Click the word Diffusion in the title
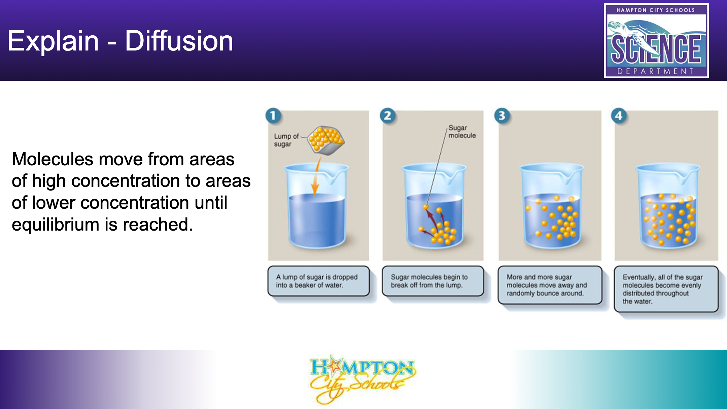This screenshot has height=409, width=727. click(x=179, y=41)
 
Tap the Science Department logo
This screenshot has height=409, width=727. click(x=656, y=40)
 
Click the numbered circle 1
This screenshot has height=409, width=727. click(x=273, y=116)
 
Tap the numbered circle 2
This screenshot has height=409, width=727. click(x=387, y=116)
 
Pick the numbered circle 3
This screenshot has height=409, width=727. click(x=502, y=116)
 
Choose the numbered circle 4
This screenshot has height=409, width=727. click(x=619, y=116)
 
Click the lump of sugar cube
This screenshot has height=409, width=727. click(x=326, y=140)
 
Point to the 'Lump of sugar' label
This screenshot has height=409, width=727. click(x=286, y=140)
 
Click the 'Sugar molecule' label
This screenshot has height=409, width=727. click(x=462, y=132)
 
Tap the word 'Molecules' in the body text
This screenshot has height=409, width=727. click(x=53, y=159)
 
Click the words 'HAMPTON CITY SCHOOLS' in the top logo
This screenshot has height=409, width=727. click(x=656, y=10)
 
